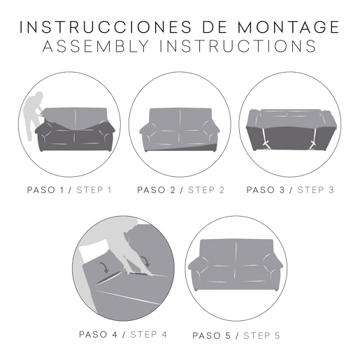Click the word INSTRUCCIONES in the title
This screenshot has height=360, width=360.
coord(106,27)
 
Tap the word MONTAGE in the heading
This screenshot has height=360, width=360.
coord(289,27)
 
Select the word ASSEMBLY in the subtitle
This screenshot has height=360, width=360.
coord(96,46)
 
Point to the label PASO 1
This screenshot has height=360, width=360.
coord(45,190)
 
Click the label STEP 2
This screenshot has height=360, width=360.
coord(206,190)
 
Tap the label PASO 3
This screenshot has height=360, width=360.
coord(266,190)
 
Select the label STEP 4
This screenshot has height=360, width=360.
coord(149,335)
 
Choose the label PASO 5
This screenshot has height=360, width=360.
coord(211,336)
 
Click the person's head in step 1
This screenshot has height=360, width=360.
coord(39,96)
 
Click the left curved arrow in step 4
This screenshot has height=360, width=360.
coord(103,268)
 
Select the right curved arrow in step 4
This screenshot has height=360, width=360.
coord(145,261)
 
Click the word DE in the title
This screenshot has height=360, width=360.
coord(215,27)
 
